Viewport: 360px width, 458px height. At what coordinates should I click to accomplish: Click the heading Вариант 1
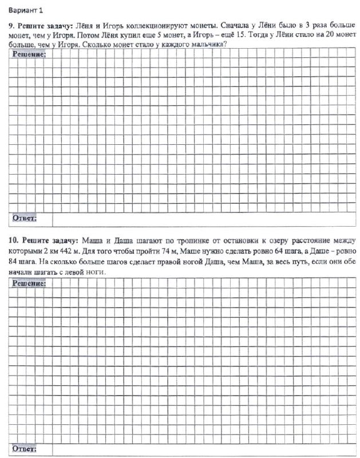coord(26,10)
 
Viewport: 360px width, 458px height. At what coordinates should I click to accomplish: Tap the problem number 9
coord(10,26)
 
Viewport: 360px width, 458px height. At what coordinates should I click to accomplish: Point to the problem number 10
coord(13,239)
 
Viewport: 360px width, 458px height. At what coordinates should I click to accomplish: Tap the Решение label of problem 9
coord(29,54)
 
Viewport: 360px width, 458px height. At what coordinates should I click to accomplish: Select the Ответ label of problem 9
coord(25,218)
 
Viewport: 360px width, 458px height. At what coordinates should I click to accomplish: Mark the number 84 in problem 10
coord(14,262)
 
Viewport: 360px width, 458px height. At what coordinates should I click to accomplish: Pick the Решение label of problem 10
coord(29,283)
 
